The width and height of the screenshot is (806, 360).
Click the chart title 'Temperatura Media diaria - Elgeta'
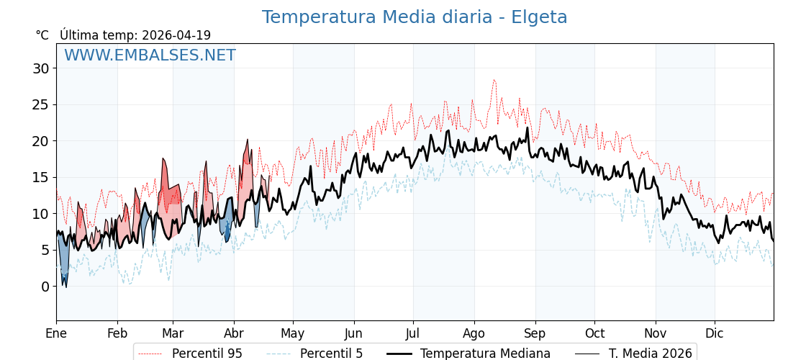415,17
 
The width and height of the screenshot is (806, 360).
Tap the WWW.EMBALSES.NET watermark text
150,55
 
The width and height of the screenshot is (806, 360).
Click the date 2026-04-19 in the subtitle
176,35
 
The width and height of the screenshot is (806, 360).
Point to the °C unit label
42,35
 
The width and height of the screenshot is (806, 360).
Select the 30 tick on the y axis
40,68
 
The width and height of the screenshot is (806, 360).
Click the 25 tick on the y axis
40,105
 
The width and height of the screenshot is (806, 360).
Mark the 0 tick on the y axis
45,287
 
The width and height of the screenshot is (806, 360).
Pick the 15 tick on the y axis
40,178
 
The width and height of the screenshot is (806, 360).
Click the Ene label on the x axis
56,333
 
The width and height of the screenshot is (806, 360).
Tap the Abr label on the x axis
234,333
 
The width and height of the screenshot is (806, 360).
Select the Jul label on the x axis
413,333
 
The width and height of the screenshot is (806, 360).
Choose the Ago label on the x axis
474,333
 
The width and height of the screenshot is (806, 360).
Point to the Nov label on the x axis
656,333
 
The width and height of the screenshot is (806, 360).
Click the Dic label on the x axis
715,333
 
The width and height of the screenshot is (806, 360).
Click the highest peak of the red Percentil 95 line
494,80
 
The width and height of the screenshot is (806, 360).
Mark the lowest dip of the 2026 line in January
66,287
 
